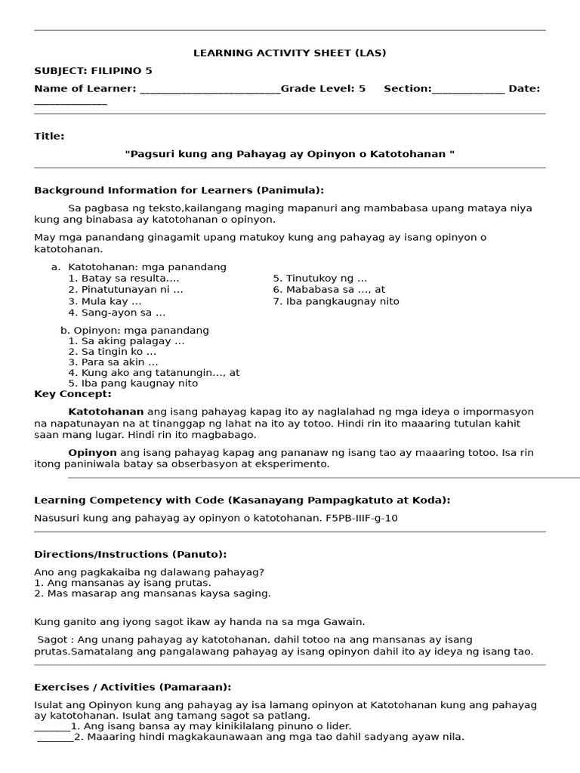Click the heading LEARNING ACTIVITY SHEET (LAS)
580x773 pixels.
coord(290,53)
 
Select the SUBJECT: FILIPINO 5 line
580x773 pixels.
coord(93,71)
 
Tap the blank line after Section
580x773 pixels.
coord(467,90)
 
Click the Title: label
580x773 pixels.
coord(49,136)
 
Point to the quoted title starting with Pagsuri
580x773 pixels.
coord(290,154)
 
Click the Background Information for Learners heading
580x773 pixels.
coord(179,190)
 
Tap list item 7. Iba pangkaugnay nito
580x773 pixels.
coord(336,301)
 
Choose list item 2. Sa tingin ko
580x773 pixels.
coord(113,352)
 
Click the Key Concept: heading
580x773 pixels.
coord(72,393)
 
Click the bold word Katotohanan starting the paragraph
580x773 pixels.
coord(106,411)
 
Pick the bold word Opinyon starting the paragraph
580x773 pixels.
coord(92,452)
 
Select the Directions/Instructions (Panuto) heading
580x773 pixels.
coord(130,554)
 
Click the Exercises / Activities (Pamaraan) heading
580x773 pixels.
coord(132,687)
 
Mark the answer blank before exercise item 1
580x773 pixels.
coord(52,727)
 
